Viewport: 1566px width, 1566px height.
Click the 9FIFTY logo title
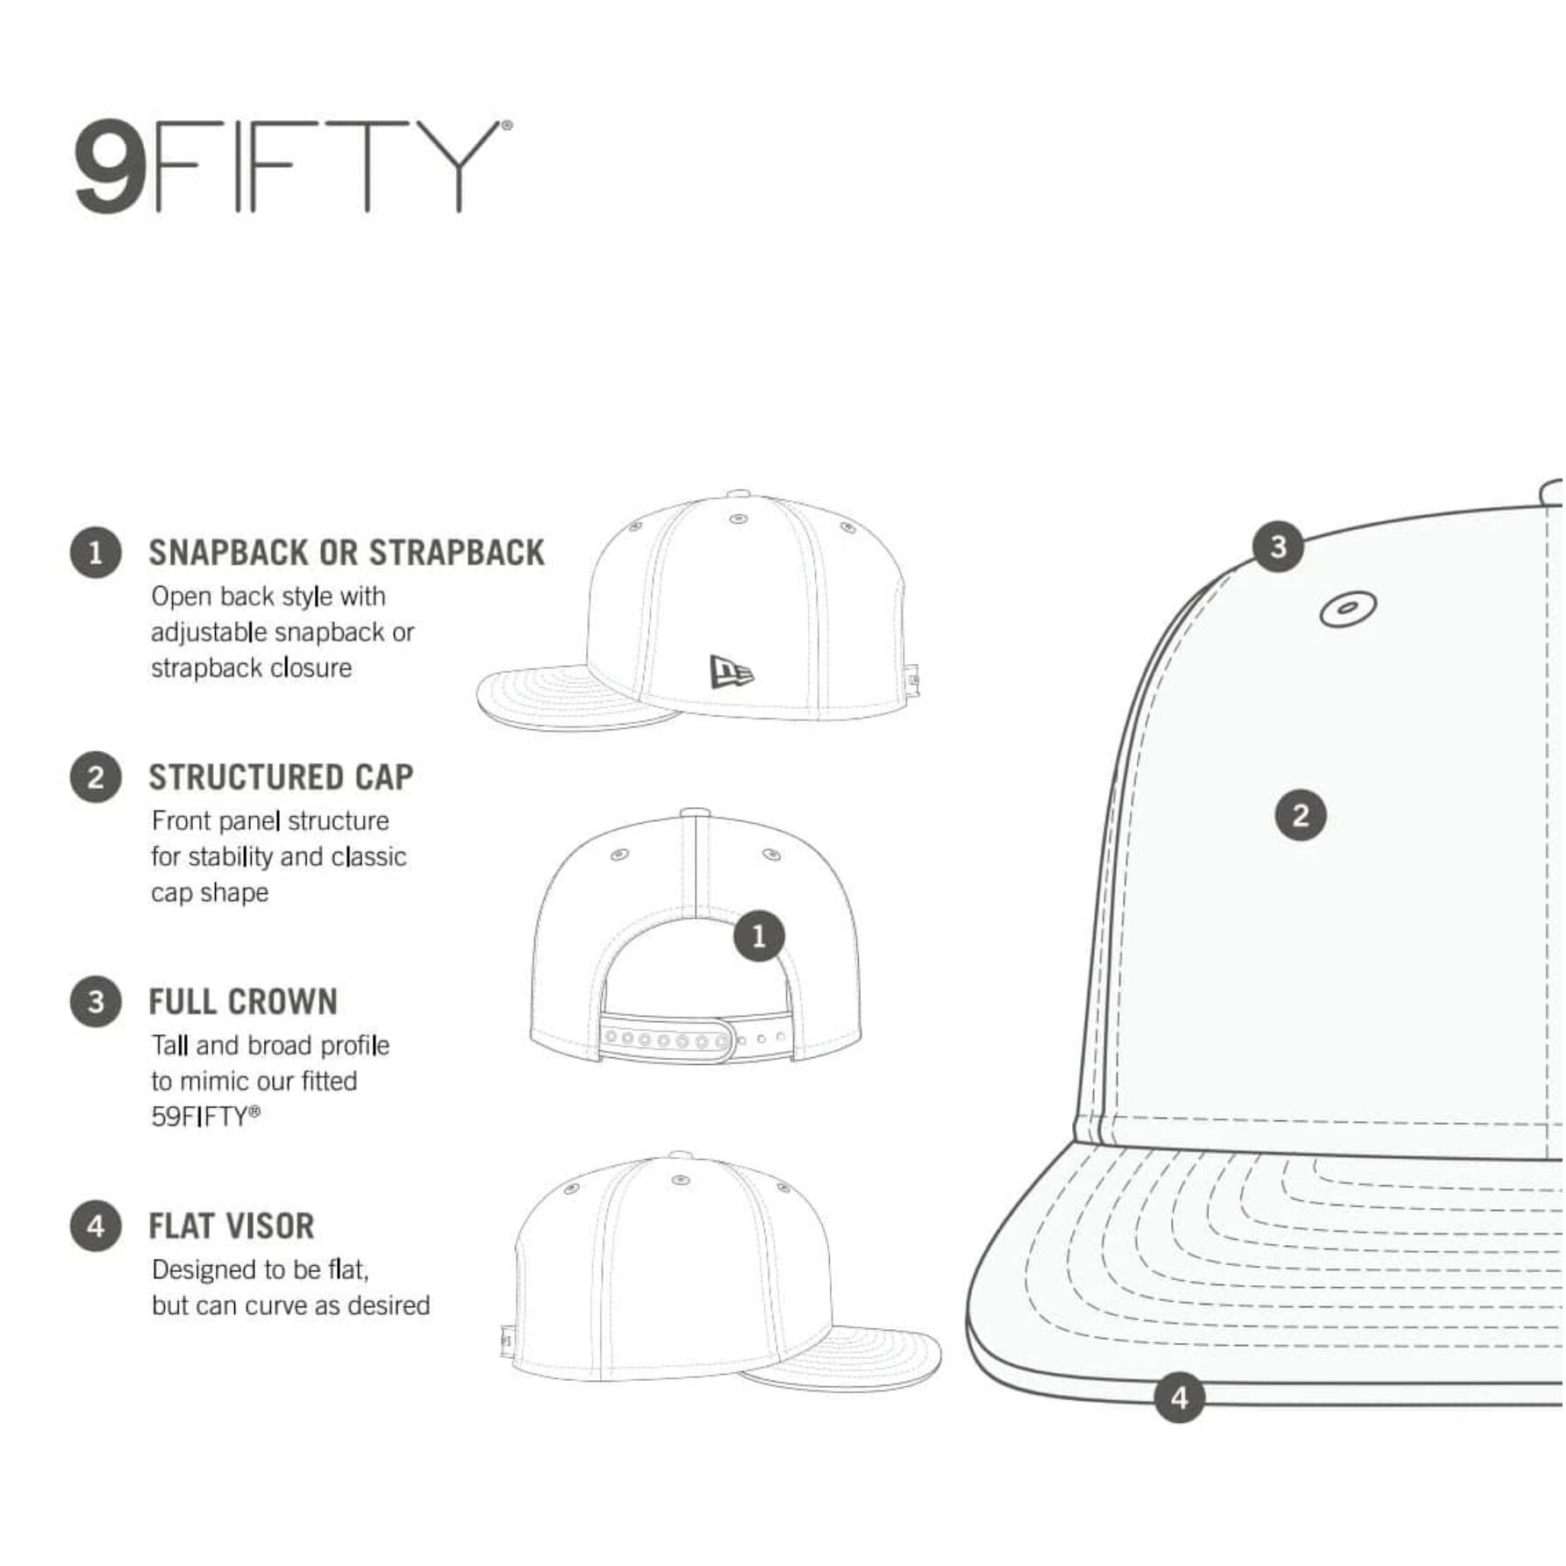pos(292,166)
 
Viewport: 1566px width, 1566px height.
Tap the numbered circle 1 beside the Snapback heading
pos(96,553)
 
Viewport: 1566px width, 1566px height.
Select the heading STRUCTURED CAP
pos(281,777)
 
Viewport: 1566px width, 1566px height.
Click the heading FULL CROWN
pos(243,1002)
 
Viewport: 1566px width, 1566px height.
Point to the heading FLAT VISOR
pos(232,1226)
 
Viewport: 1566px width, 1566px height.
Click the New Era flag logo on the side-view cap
pos(732,672)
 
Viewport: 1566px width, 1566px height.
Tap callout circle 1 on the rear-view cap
pos(759,936)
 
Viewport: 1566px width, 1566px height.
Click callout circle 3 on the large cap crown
pos(1278,547)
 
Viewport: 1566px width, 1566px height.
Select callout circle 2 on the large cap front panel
pos(1300,815)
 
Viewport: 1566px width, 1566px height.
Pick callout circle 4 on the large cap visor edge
pos(1179,1398)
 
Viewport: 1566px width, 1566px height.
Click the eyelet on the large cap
pos(1348,609)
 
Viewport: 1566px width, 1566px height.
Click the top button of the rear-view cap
pos(695,812)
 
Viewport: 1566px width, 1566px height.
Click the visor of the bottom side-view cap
pos(842,1358)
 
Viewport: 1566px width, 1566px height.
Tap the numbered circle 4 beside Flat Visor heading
pos(96,1226)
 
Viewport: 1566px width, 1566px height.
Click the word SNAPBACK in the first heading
pos(228,553)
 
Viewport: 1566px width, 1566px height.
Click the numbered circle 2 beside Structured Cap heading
pos(96,777)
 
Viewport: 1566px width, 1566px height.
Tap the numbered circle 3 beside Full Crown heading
pos(96,1002)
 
